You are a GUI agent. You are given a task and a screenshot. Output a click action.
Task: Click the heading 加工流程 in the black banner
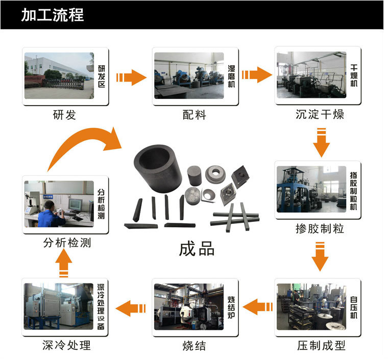pyautogui.click(x=53, y=15)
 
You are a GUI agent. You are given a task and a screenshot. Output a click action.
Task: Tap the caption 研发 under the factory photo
pyautogui.click(x=64, y=115)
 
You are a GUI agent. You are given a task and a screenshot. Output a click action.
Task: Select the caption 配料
pyautogui.click(x=194, y=115)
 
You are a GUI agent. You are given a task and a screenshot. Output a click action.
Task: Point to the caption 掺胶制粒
pyautogui.click(x=320, y=228)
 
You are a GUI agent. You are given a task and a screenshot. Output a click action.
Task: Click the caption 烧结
pyautogui.click(x=194, y=346)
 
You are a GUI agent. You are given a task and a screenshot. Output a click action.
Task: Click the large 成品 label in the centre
pyautogui.click(x=197, y=248)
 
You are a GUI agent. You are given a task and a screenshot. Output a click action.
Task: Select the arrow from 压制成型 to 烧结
pyautogui.click(x=258, y=307)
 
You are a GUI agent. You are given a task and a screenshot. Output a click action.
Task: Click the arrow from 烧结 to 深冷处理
pyautogui.click(x=131, y=308)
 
